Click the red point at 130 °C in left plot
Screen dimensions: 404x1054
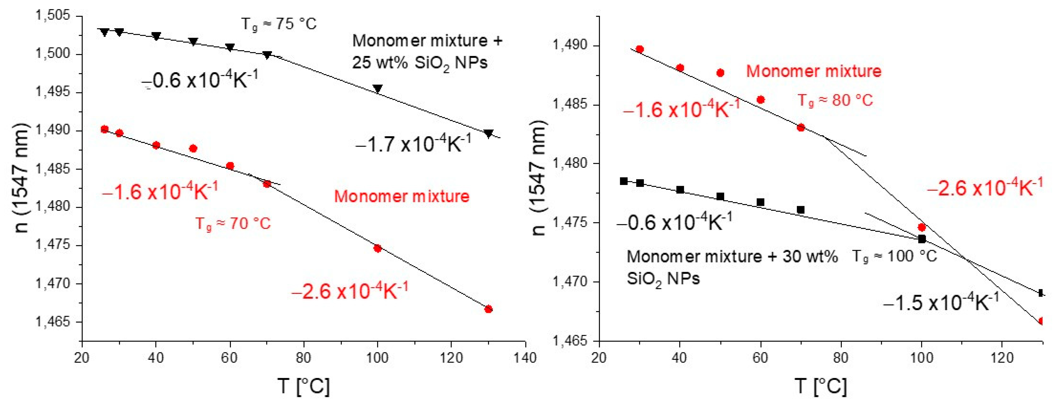coord(488,309)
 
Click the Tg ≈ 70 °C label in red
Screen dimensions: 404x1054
coord(233,224)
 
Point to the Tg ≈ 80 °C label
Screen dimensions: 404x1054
coord(835,100)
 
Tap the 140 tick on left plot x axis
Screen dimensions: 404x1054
coord(525,358)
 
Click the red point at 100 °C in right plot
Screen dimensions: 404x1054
coord(921,227)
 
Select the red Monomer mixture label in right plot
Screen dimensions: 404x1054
coord(813,71)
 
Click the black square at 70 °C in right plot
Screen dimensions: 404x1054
coord(801,210)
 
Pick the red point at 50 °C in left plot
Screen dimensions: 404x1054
coord(193,148)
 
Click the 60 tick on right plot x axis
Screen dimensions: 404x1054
coord(760,358)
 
